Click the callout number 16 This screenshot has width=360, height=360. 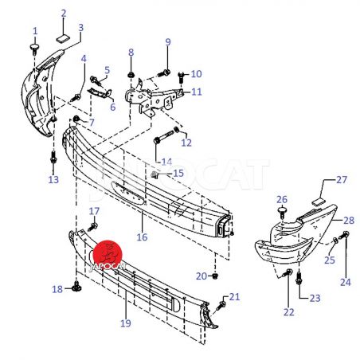(x=142, y=237)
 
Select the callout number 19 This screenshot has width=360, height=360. (x=126, y=323)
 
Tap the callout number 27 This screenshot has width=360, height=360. (x=342, y=180)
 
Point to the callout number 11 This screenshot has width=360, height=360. (x=197, y=92)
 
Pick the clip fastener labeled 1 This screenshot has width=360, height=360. (x=34, y=49)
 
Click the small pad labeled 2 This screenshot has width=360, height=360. (x=63, y=37)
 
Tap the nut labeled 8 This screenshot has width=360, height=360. (x=131, y=75)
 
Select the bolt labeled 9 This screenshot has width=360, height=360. (x=164, y=72)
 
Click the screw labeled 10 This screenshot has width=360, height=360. (x=182, y=76)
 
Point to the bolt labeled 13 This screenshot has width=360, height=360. (x=53, y=158)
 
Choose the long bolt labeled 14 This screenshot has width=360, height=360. (x=163, y=136)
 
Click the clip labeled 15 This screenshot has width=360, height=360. (x=155, y=174)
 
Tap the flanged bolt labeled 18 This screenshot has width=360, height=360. (x=76, y=287)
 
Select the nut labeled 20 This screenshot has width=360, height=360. (x=215, y=276)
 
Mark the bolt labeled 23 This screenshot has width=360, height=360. (x=299, y=278)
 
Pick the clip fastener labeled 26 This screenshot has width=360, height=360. (x=282, y=213)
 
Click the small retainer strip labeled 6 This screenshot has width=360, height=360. (x=100, y=92)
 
